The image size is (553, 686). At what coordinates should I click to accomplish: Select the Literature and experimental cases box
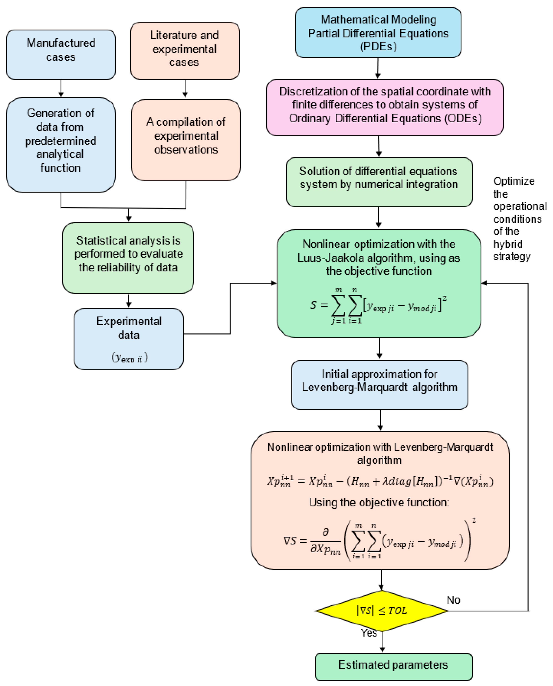tap(185, 50)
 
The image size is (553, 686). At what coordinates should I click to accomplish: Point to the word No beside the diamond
tap(453, 600)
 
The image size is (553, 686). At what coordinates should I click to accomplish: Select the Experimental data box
tap(129, 339)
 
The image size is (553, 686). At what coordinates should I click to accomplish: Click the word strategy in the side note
tap(512, 256)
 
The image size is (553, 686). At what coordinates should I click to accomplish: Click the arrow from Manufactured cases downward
tap(61, 88)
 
